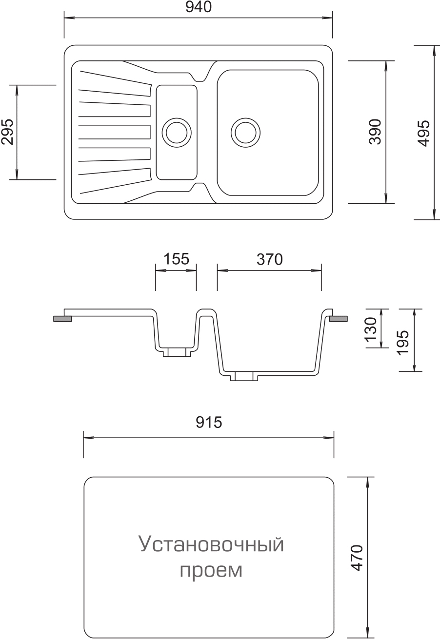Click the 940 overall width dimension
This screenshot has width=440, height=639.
coord(199,7)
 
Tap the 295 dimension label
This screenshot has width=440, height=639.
coord(7,132)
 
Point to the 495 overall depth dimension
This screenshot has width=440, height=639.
coord(423,133)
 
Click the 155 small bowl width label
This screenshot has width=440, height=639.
coord(176,259)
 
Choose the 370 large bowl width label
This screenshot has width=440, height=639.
coord(269,259)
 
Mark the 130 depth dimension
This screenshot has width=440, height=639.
coord(371,329)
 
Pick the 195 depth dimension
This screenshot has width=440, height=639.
coord(403,342)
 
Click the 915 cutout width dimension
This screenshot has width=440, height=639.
coord(209,423)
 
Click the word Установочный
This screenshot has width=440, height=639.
coord(212,544)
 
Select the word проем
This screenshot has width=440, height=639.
coord(211,570)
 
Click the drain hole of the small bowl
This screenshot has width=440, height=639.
coord(177,133)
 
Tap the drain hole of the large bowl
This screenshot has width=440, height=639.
coord(245,133)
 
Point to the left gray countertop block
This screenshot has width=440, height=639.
coord(62,319)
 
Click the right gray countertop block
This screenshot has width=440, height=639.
coord(339,319)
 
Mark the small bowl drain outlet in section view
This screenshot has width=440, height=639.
coord(177,352)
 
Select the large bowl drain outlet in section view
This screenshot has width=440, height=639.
coord(244,376)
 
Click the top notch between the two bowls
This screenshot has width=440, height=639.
coord(200,77)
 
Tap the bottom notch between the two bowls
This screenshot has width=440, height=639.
coord(200,188)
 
